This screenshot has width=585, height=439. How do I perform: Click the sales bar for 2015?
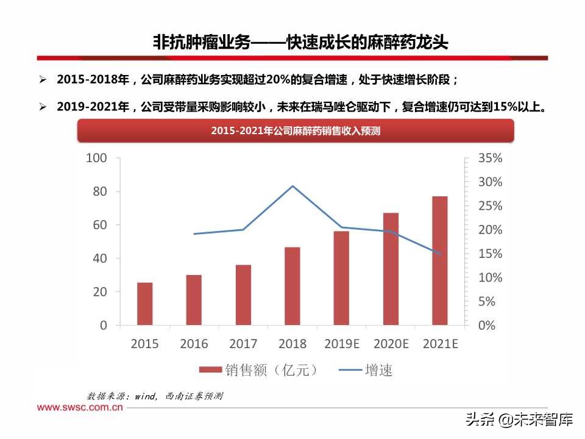click(144, 304)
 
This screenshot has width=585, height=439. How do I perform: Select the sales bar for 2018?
click(292, 286)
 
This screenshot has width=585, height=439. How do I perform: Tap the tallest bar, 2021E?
click(440, 260)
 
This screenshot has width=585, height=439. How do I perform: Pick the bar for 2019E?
click(341, 278)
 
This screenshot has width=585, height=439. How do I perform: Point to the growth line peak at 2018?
click(292, 186)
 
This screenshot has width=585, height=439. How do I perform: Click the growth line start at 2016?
click(194, 234)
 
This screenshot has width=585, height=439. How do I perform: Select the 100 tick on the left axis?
click(97, 158)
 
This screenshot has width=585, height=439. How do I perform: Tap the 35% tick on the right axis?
click(490, 158)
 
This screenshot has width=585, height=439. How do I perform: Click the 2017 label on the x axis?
click(243, 344)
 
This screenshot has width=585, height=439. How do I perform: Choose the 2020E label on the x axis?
click(391, 344)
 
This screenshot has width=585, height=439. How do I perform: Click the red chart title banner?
click(295, 130)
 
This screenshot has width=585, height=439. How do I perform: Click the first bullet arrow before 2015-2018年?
click(43, 80)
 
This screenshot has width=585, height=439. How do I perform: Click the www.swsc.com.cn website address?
click(80, 407)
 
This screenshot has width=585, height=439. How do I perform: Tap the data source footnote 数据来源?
click(155, 396)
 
